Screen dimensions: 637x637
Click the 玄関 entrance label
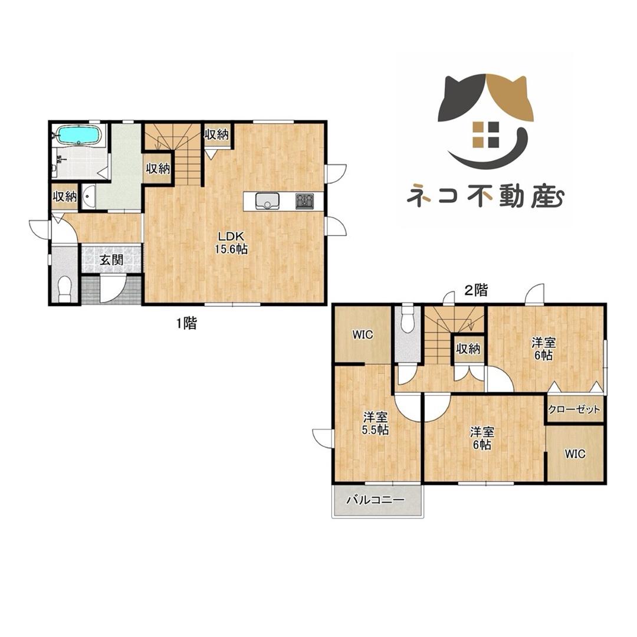coord(111,260)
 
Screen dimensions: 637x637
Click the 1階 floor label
coord(186,323)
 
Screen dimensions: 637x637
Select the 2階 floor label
coord(476,290)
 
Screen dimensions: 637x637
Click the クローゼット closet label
coord(574,409)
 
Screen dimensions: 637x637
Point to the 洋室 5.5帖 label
coord(375,423)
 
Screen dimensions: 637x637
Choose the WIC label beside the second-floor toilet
coord(362,335)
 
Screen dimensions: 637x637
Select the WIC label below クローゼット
coord(574,454)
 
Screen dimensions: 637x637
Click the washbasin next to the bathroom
coord(88,196)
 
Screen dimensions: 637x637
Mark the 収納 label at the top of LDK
coord(216,134)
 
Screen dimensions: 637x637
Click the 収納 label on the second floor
coord(468,349)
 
